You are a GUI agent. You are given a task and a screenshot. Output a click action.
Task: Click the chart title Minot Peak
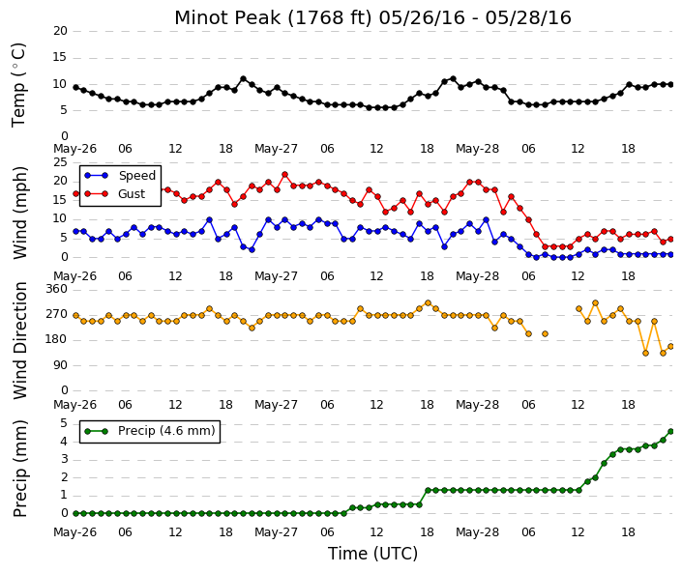pos(227,17)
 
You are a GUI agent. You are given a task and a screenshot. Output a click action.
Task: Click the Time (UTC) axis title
pos(372,554)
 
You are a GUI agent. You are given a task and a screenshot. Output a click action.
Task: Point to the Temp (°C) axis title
pos(18,85)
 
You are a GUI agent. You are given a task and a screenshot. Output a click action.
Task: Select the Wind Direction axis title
pos(20,340)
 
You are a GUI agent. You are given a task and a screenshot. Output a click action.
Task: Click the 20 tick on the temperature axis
pos(60,31)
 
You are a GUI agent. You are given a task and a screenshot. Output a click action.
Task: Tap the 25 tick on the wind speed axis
pos(60,162)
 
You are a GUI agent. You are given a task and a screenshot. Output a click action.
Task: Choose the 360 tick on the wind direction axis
pos(57,289)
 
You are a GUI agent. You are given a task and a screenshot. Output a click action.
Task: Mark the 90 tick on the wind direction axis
pos(60,365)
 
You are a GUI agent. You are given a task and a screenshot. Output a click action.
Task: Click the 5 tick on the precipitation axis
pos(64,423)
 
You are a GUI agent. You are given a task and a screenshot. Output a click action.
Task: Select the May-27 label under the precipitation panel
pos(277,532)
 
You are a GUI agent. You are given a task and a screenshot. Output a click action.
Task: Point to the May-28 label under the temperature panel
pos(477,149)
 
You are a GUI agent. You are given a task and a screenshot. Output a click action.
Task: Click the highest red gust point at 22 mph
pos(284,175)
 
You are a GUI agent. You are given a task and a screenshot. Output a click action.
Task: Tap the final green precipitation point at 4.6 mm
pos(670,431)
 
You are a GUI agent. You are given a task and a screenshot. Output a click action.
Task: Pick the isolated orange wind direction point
pos(545,333)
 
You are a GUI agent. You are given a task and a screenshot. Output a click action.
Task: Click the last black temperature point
pos(670,85)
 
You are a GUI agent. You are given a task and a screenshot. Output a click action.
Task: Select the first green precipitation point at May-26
pos(75,513)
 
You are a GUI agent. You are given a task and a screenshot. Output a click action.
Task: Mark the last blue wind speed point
pos(670,254)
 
